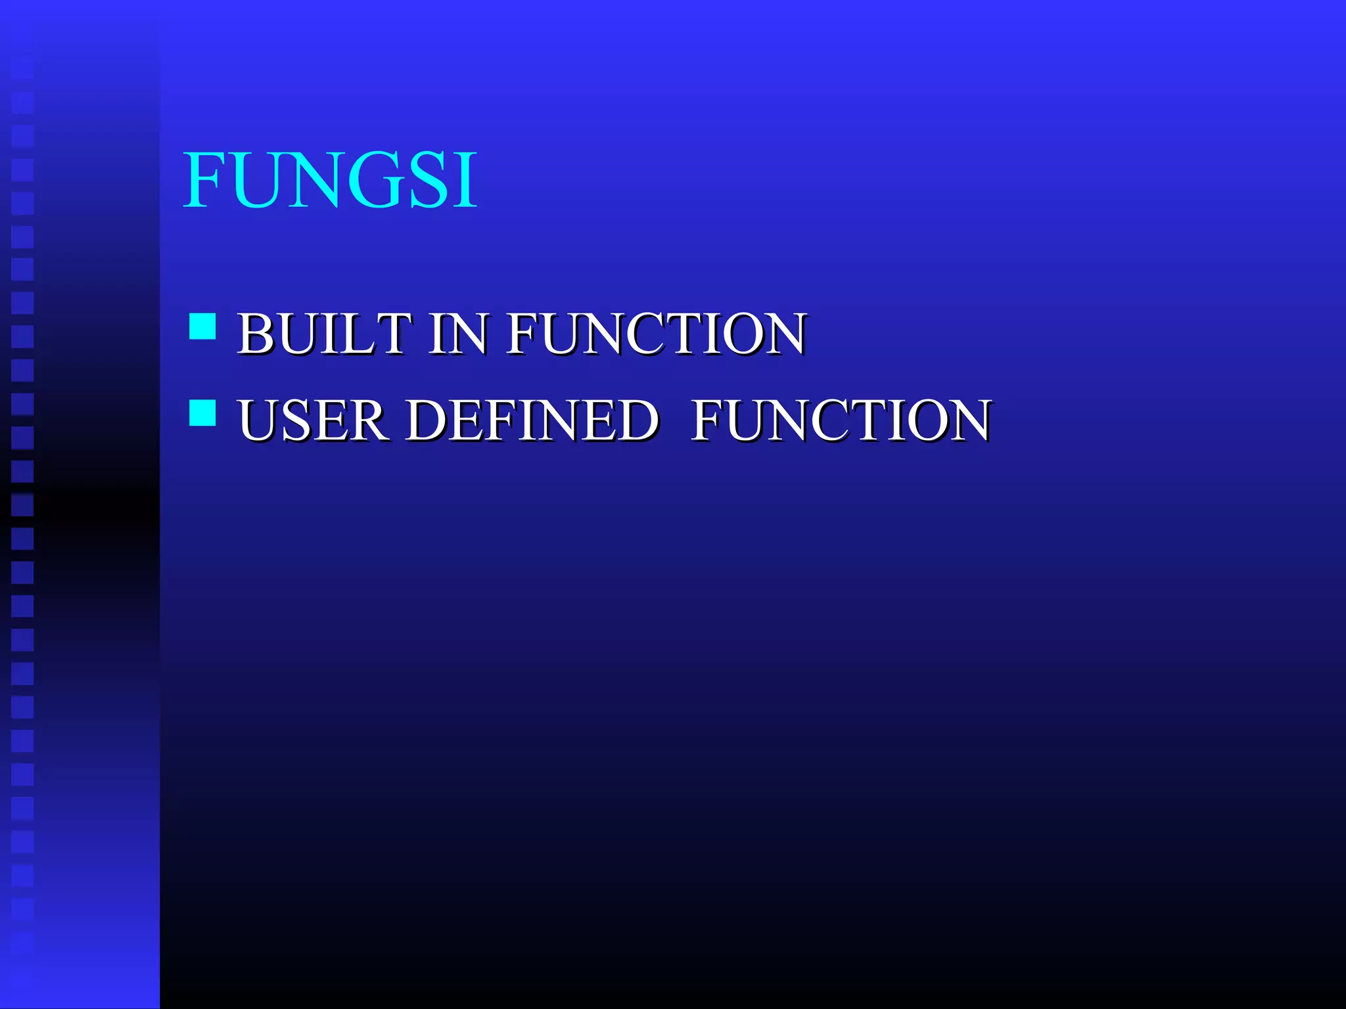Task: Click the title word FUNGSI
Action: [x=331, y=180]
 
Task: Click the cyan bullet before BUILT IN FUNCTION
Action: [x=202, y=326]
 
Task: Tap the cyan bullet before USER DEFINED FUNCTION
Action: [x=202, y=413]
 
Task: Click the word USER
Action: [x=312, y=420]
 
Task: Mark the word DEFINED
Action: [x=532, y=420]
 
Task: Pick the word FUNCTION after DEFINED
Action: [x=841, y=420]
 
